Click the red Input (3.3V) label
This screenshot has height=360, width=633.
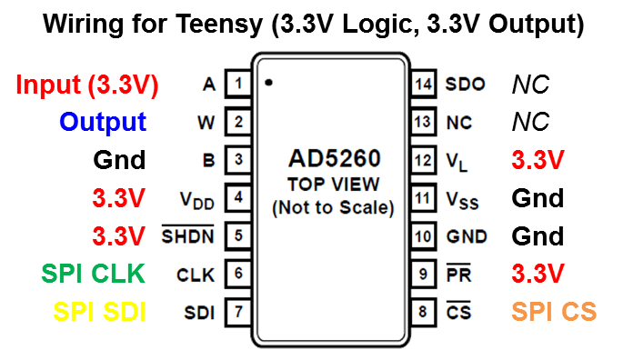point(87,85)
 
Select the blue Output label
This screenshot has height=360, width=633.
point(103,123)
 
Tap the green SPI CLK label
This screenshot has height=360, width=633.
point(94,273)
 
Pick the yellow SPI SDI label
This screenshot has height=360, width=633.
point(99,312)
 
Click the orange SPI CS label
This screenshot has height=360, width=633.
point(554,312)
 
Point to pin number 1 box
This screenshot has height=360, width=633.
point(238,85)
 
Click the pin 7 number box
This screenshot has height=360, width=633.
point(238,312)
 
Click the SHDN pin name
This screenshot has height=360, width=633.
point(188,236)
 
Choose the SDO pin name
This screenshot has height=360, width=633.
point(465,85)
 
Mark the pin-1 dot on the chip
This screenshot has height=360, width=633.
point(269,83)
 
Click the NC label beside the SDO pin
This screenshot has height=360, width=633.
point(531,85)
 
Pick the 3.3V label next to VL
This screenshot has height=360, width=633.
point(538,160)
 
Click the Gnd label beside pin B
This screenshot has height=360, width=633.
point(119,161)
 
